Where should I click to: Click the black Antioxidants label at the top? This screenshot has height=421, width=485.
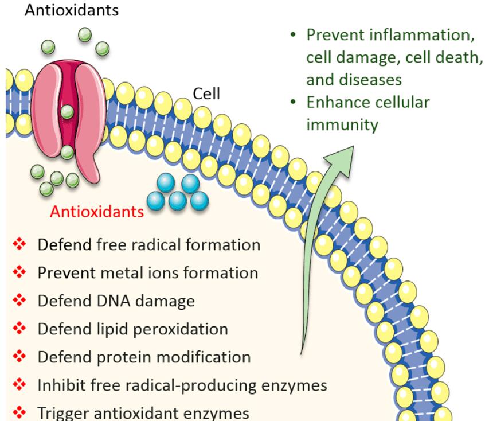(x=71, y=10)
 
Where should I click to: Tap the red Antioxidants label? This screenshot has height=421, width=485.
(x=97, y=212)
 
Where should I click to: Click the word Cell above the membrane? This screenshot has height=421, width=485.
(x=206, y=93)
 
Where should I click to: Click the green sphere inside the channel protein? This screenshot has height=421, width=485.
(x=67, y=110)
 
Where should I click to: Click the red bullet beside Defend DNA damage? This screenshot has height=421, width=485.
(x=20, y=301)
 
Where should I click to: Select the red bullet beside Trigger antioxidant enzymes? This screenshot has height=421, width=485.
(x=20, y=412)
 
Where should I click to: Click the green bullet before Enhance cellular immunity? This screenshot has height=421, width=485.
(x=294, y=103)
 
